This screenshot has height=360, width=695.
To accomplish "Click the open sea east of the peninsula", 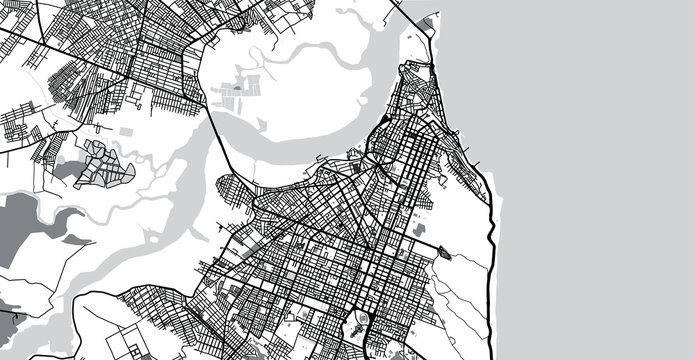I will click(600, 150).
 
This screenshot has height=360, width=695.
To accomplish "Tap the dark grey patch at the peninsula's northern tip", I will click(428, 22).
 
